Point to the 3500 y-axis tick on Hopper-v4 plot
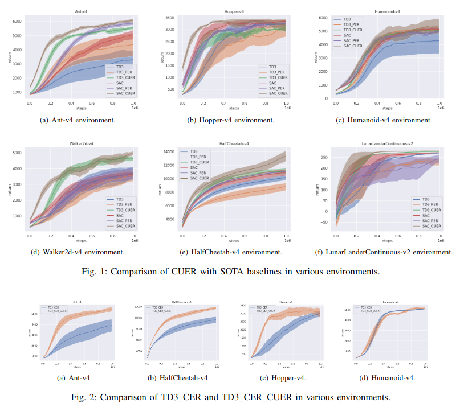coord(170,19)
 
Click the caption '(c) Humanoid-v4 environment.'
coord(388,120)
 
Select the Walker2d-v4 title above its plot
coord(82,146)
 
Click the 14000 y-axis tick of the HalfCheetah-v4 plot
coord(169,152)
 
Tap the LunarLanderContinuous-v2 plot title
coord(388,146)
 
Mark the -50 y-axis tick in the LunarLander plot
coord(324,223)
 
